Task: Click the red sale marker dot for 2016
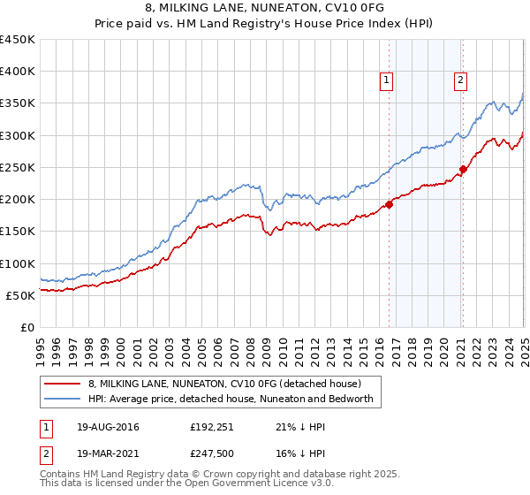[389, 204]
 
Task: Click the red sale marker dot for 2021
[463, 169]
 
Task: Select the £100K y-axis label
[18, 263]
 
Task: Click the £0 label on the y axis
[27, 327]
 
